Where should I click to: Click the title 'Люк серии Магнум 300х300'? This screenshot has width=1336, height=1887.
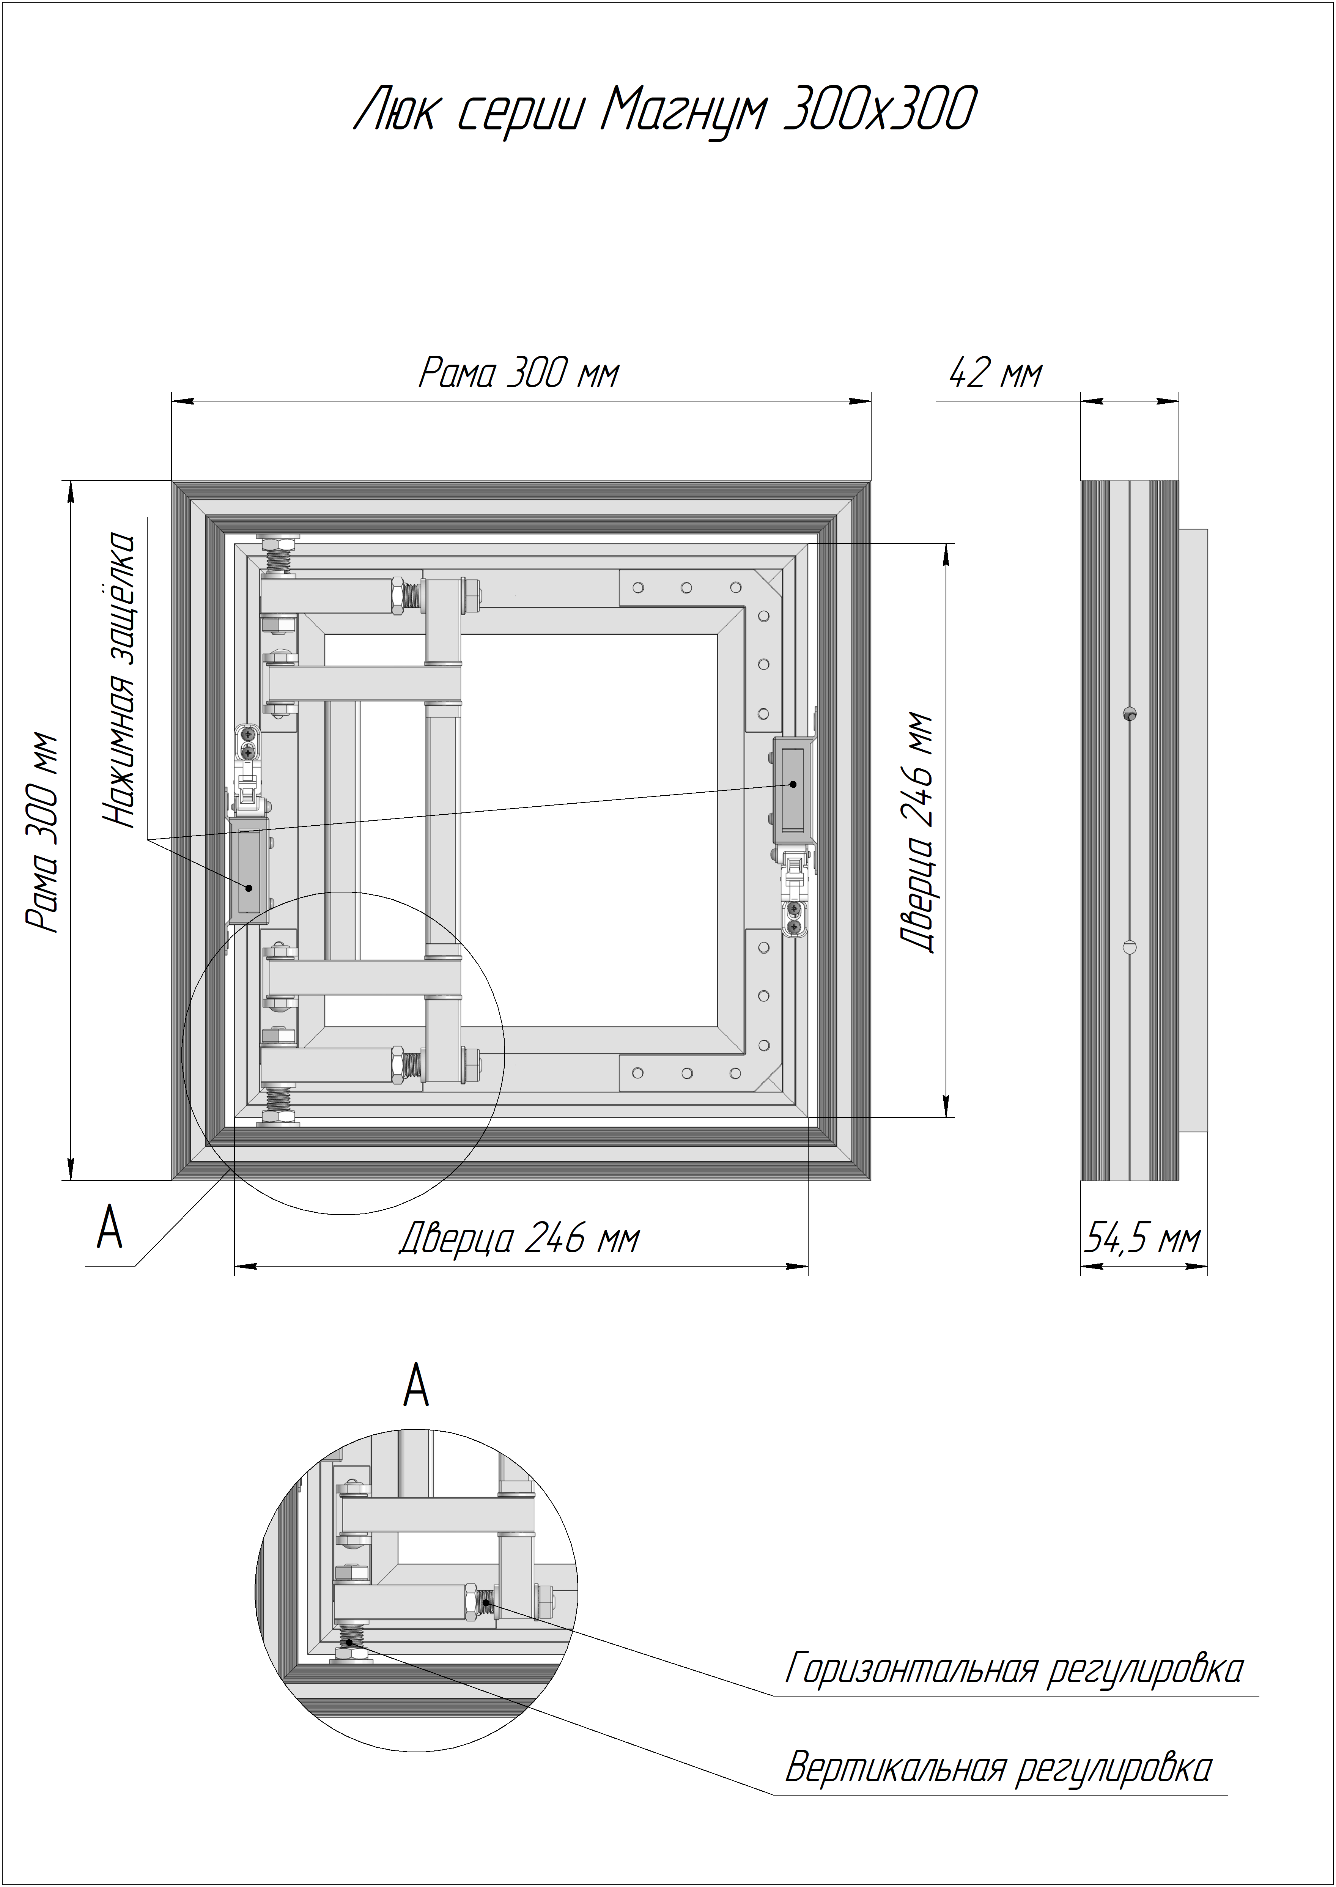click(665, 109)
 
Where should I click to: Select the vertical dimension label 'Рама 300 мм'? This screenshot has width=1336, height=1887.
click(43, 831)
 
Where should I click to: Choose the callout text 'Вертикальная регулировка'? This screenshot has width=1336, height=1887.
click(998, 1767)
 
